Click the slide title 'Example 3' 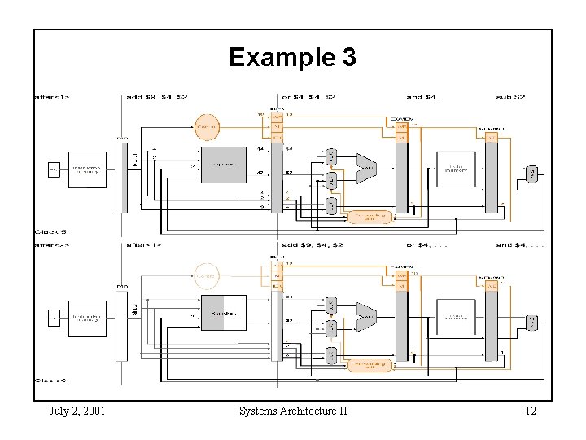coord(292,57)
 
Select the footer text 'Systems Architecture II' coord(293,411)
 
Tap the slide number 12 coord(530,411)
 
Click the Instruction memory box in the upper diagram coord(85,169)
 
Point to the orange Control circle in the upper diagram coord(207,126)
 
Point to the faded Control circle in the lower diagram coord(207,276)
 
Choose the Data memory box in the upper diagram coord(456,168)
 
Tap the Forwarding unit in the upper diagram coord(370,217)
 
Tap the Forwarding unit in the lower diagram coord(370,365)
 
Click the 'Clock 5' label coord(50,232)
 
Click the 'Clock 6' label coord(50,381)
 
